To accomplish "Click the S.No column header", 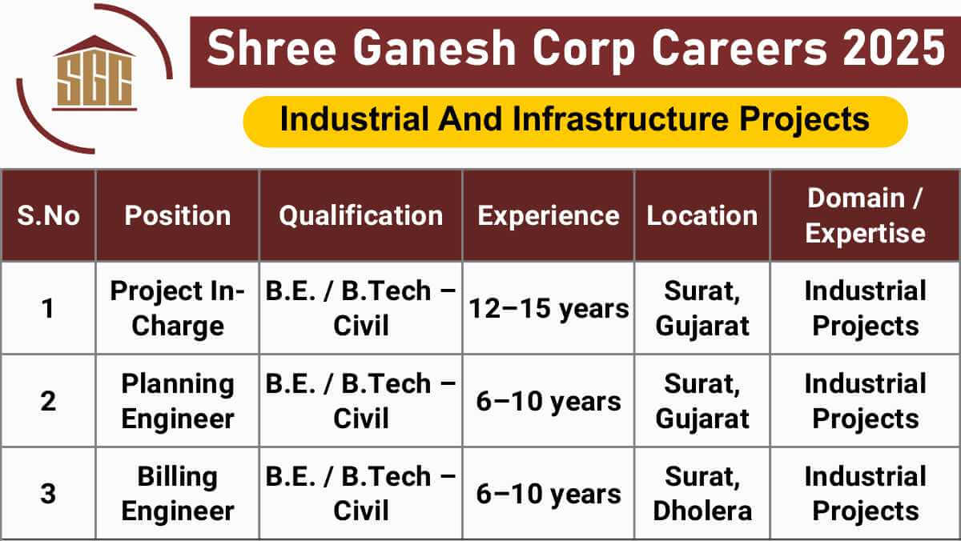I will tap(48, 215).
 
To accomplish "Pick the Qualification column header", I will tap(360, 215).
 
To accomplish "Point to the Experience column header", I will tap(548, 215).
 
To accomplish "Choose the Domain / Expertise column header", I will tap(865, 215).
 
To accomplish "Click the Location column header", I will tap(702, 215).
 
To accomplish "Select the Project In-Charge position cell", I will tap(177, 308).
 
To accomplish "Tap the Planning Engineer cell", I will tap(177, 401).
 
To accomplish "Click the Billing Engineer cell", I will tap(177, 493).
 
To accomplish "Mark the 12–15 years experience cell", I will tap(548, 308).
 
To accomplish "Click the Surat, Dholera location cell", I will tap(702, 493).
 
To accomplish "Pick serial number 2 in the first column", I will tap(48, 401).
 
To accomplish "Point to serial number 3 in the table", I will tap(48, 493).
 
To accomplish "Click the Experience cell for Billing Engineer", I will tap(548, 494).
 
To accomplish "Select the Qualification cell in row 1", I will tap(360, 308).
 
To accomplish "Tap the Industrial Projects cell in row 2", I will tap(865, 401).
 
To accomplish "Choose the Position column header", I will tap(177, 215).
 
